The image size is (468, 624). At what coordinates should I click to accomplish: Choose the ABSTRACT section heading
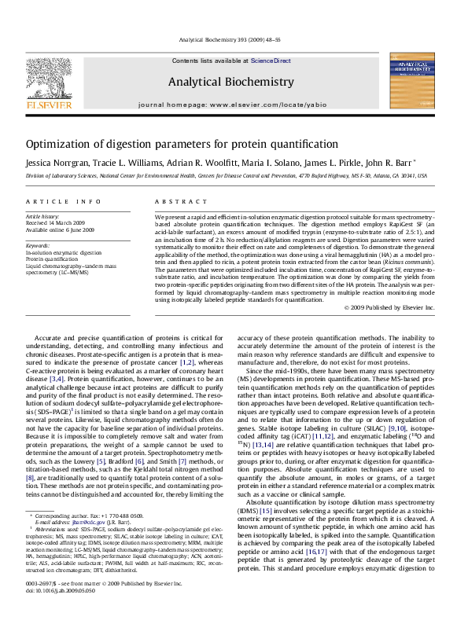click(174, 201)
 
